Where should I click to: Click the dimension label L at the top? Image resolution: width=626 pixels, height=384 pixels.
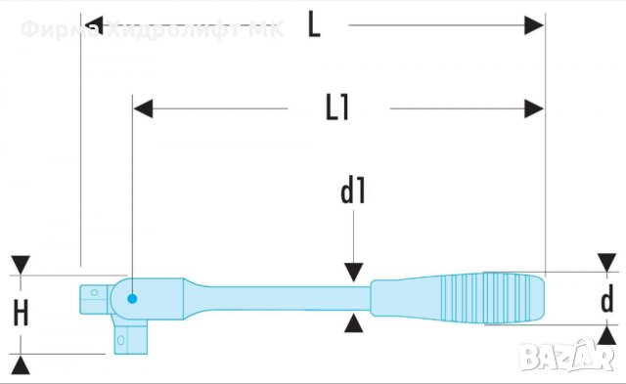point(313,23)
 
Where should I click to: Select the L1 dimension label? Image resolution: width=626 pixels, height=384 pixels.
point(337,107)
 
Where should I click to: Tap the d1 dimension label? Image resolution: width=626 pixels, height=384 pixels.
point(352,192)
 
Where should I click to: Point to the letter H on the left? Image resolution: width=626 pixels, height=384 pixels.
point(22,313)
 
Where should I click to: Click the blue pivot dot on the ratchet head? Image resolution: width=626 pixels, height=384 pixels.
point(132,298)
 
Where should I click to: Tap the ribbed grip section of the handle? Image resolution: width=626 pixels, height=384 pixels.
point(489,298)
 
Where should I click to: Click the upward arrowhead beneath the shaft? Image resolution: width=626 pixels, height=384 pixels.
point(353,323)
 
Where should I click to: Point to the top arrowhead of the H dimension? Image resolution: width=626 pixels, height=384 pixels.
point(22,267)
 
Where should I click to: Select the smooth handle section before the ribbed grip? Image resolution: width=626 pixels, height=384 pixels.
point(401,297)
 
